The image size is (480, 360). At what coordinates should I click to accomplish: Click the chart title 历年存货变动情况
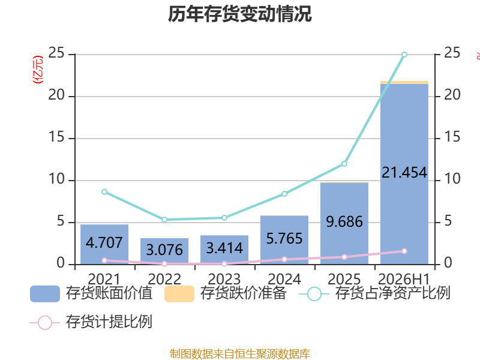[239, 14]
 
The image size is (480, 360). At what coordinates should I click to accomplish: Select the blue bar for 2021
[104, 244]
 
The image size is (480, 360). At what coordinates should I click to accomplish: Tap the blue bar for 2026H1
[404, 174]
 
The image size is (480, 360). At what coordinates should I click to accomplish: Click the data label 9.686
[344, 221]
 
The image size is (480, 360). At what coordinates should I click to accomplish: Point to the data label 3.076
[164, 250]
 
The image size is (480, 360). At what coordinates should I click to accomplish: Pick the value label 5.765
[284, 238]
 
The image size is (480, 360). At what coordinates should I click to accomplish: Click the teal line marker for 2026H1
[404, 55]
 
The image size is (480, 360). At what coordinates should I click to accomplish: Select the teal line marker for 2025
[344, 164]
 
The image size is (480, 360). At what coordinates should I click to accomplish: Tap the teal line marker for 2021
[104, 192]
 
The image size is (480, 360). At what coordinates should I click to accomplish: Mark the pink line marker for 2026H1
[404, 251]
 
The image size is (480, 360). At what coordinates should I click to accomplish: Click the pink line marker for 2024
[284, 259]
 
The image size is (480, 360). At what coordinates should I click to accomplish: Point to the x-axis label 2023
[224, 279]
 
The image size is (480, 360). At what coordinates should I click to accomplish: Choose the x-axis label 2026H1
[404, 279]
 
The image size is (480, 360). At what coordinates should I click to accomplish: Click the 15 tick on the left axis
[56, 137]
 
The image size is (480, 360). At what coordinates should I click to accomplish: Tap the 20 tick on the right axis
[452, 95]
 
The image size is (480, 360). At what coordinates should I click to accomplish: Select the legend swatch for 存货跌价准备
[179, 294]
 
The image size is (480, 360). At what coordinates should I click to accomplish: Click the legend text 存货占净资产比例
[393, 293]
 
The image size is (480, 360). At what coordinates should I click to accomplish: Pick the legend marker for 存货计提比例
[45, 323]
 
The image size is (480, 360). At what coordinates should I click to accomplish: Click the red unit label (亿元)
[38, 70]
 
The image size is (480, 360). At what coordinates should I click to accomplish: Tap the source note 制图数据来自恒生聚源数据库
[240, 354]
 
